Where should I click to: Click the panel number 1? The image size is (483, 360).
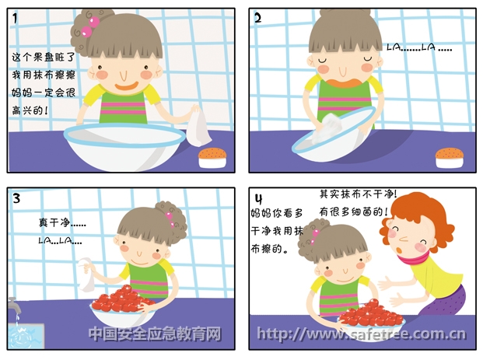tap(15, 18)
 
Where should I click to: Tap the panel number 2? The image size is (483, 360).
tap(257, 18)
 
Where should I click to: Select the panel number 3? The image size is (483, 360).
tap(16, 198)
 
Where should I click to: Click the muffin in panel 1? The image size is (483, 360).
tap(212, 158)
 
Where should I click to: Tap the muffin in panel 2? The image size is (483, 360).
tap(450, 158)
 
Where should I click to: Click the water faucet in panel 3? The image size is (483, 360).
tap(13, 305)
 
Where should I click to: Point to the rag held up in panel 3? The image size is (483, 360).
tap(87, 274)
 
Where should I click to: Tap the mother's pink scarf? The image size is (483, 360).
tap(412, 258)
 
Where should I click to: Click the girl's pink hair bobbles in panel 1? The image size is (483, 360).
tap(90, 26)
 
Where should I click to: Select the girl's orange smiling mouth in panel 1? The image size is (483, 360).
tap(126, 86)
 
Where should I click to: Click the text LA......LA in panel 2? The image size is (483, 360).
tap(419, 47)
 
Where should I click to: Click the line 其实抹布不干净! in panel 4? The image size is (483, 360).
tap(358, 194)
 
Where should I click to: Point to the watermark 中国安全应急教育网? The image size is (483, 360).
tap(155, 334)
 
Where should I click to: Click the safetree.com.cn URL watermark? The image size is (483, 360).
tap(361, 334)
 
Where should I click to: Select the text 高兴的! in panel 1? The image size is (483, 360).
tap(30, 110)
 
